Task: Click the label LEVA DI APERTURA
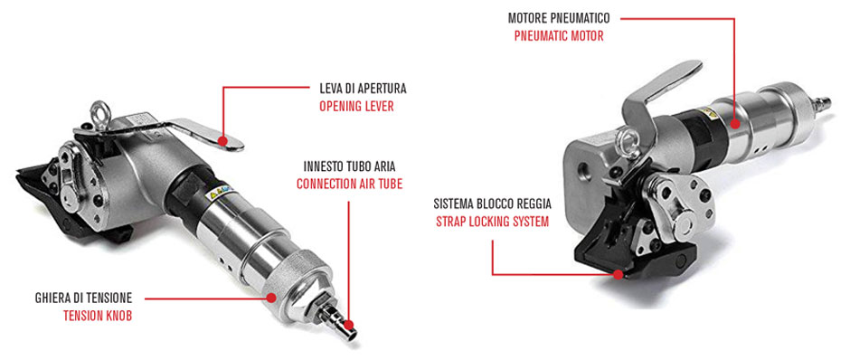click(363, 89)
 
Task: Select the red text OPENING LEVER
click(356, 106)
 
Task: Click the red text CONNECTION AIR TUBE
click(350, 184)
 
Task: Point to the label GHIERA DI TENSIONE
click(83, 298)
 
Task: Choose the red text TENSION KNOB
click(98, 316)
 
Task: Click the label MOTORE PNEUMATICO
click(559, 18)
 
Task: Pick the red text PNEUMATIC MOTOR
click(559, 36)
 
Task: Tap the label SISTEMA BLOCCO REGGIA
click(492, 204)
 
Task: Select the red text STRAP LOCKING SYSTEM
click(492, 222)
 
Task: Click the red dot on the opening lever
click(222, 140)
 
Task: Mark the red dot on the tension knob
click(271, 298)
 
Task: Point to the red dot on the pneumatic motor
click(734, 123)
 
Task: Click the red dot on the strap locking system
click(618, 274)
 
